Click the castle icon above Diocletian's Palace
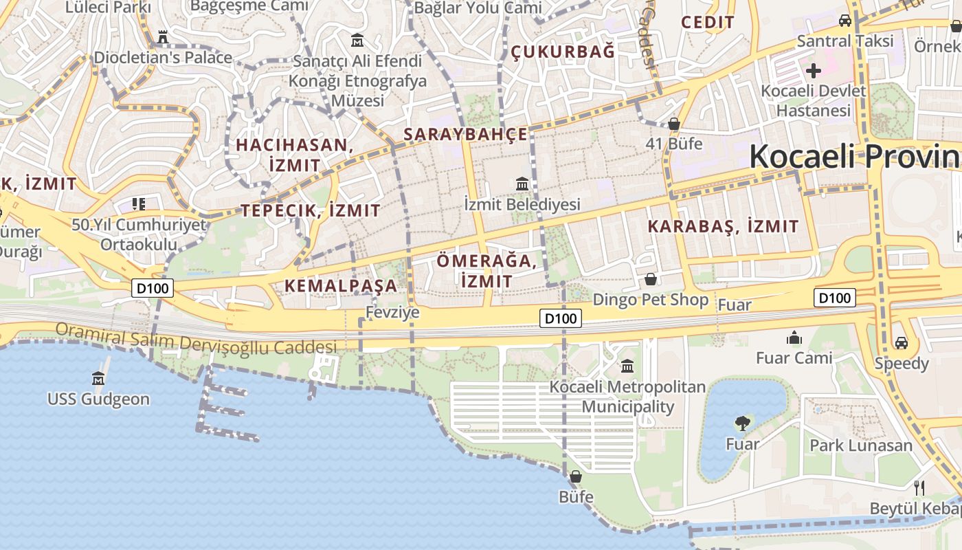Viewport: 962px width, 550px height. click(x=163, y=36)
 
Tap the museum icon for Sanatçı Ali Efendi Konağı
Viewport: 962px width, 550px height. click(x=357, y=40)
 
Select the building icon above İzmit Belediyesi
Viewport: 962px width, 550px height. click(x=522, y=184)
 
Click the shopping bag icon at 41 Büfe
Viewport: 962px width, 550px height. click(x=674, y=124)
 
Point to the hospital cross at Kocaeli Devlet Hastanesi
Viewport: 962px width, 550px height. click(x=814, y=70)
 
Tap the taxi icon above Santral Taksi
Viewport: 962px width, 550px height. click(x=845, y=20)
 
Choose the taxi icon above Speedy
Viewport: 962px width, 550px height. click(x=901, y=342)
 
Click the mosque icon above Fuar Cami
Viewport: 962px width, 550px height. click(x=794, y=338)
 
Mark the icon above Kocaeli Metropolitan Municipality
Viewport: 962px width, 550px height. click(x=627, y=366)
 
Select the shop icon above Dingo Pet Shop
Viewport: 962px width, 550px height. click(x=650, y=279)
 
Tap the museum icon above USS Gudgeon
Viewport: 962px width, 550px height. click(x=98, y=378)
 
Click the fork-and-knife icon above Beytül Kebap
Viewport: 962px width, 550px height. click(x=919, y=488)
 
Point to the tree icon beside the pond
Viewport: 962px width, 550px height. click(x=742, y=423)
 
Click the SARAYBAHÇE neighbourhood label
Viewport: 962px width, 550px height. click(x=465, y=134)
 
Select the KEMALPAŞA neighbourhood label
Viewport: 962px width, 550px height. click(x=341, y=285)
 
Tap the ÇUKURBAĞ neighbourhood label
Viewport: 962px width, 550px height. click(x=563, y=52)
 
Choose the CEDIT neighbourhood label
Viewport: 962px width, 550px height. click(x=708, y=22)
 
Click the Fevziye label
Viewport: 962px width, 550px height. click(x=392, y=312)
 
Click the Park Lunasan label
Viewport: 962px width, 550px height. click(x=861, y=445)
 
